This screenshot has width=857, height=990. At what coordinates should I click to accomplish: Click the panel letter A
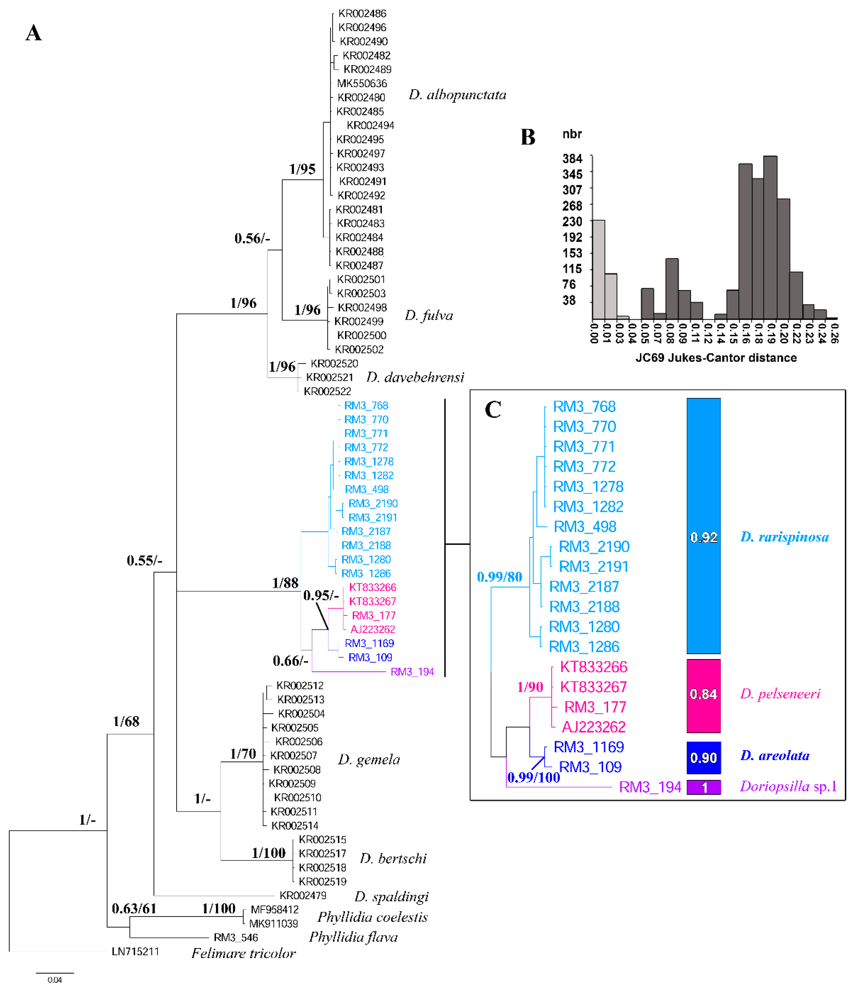(x=34, y=33)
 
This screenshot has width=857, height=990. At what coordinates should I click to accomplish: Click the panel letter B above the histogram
(x=528, y=137)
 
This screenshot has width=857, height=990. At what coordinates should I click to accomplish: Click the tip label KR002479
(x=303, y=895)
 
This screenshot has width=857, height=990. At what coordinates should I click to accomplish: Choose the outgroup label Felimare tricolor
(x=244, y=953)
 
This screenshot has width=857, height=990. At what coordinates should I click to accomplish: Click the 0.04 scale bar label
(x=55, y=980)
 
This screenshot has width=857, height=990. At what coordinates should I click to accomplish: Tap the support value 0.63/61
(x=134, y=908)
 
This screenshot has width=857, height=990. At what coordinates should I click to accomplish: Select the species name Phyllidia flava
(x=353, y=937)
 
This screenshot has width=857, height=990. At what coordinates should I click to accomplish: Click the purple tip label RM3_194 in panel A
(x=412, y=672)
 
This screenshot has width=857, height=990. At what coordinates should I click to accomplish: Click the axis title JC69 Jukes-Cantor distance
(x=716, y=358)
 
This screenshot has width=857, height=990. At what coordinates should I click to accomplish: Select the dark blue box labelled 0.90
(x=703, y=758)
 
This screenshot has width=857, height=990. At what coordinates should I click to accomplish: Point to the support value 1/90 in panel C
(x=530, y=687)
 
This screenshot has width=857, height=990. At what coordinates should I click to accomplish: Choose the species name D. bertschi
(x=393, y=858)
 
